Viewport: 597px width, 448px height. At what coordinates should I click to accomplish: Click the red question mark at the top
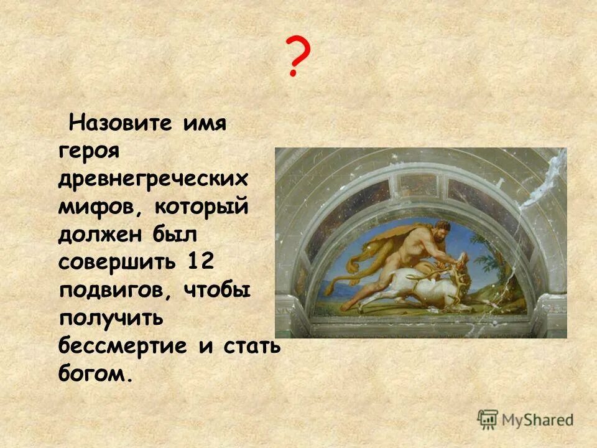click(x=297, y=57)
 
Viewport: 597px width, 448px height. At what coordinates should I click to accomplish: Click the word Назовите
click(x=120, y=122)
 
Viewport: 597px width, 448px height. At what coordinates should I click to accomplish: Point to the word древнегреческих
click(x=153, y=180)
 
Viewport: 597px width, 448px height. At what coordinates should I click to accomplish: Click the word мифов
click(x=98, y=209)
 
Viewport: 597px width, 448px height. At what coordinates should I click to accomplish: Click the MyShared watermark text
click(x=539, y=419)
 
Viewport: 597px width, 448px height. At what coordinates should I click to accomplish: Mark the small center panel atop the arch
click(x=418, y=184)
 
